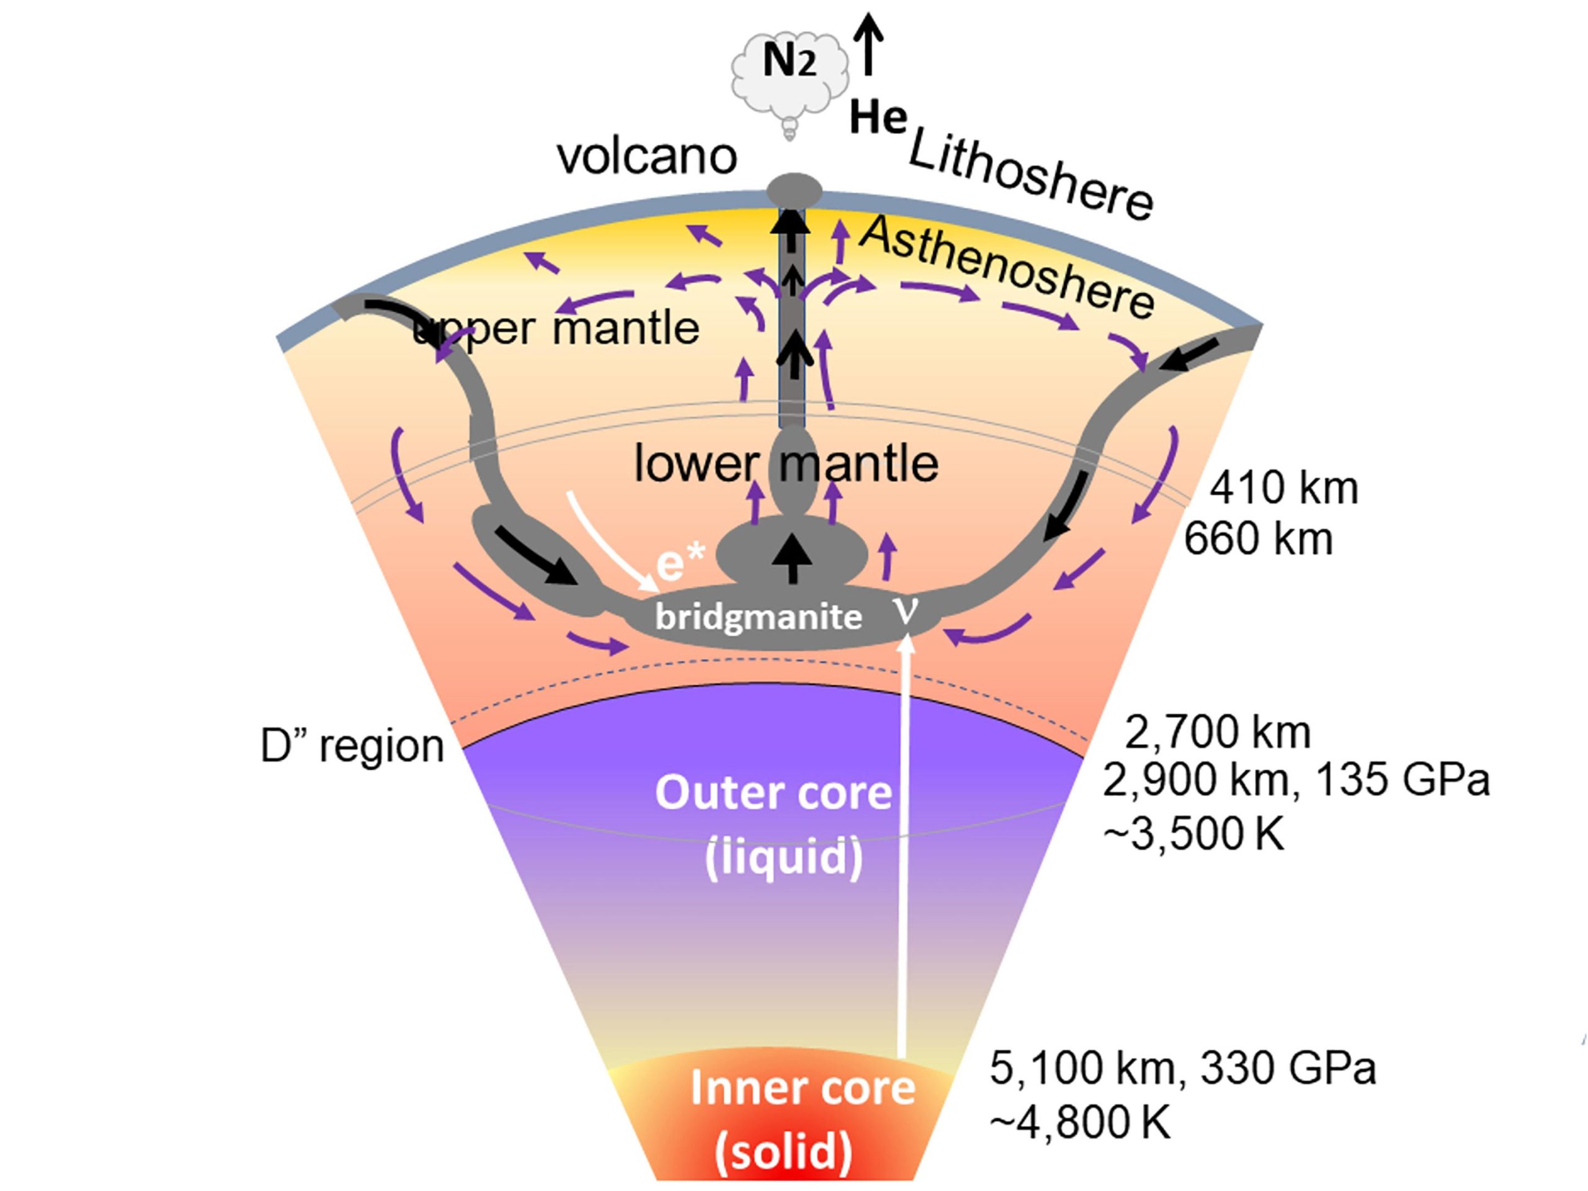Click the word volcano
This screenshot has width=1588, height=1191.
pos(647,156)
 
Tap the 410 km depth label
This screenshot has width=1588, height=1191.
pos(1284,488)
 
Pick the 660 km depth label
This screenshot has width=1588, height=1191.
pos(1258,538)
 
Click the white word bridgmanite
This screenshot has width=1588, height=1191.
pos(759,617)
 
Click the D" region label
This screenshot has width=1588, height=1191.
pos(352,747)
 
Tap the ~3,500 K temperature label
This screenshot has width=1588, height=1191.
pos(1192,836)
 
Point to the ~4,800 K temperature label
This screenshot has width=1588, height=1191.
pos(1080,1122)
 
